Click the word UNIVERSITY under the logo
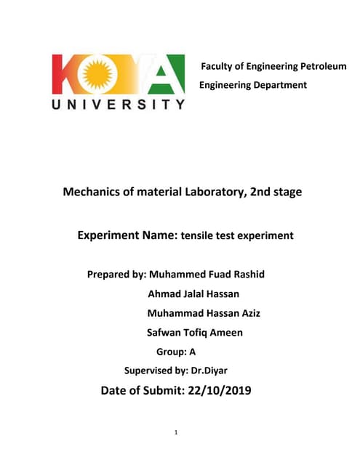(118, 105)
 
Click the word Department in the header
(278, 85)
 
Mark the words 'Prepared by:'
(116, 275)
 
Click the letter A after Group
(193, 352)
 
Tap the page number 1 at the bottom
(177, 433)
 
